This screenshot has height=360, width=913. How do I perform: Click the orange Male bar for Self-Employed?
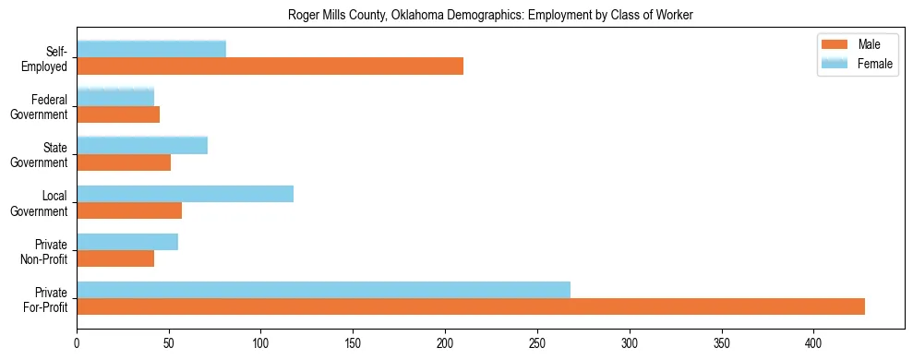pos(270,66)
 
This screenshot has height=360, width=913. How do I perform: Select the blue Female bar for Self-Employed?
pos(151,49)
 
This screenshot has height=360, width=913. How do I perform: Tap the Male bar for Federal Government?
pos(118,114)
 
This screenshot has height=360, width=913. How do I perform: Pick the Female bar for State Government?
pos(142,145)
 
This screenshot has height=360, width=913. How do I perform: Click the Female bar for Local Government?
pos(185,193)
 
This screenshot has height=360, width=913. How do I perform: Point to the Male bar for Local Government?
pos(129,210)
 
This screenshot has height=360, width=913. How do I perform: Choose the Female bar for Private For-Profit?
pos(323,289)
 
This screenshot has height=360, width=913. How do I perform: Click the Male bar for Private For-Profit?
pos(471,306)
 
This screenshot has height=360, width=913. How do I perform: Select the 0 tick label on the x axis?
pos(77,341)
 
